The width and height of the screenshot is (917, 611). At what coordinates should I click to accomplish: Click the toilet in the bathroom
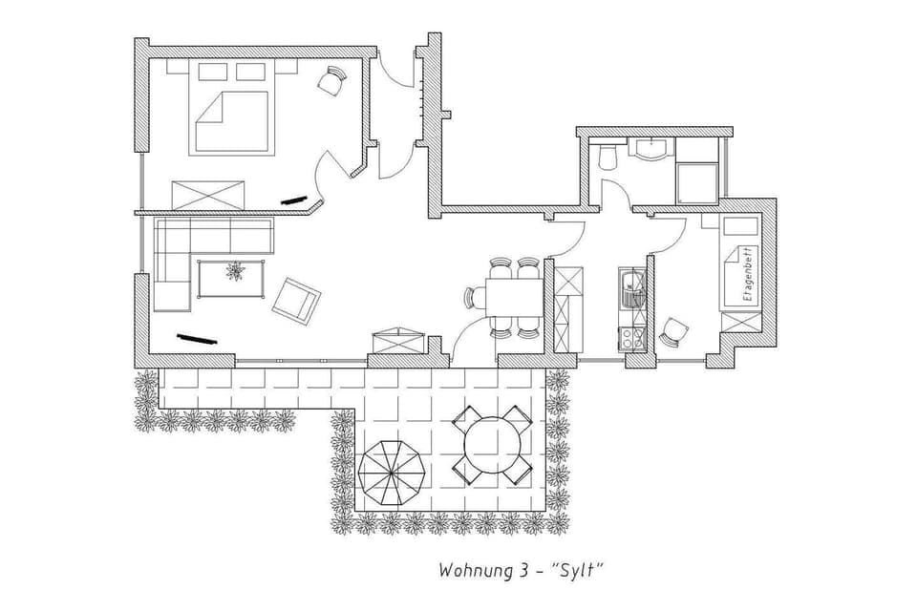pos(604,158)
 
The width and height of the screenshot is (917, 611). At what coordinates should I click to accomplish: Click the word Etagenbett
pos(748,274)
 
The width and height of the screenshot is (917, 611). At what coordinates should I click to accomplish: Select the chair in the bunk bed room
pos(674,331)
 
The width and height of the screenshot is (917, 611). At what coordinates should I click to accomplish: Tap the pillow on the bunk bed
pos(741,227)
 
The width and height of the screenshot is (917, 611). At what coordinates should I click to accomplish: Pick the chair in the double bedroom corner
pos(331,82)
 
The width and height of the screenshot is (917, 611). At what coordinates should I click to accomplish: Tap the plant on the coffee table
pos(234,273)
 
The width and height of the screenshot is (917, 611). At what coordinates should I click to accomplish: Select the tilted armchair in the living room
pos(295,299)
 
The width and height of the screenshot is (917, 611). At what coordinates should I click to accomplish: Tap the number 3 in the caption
pos(526,571)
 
